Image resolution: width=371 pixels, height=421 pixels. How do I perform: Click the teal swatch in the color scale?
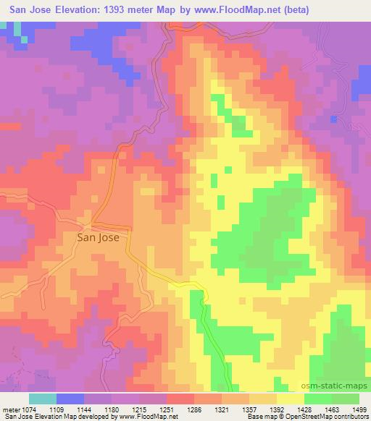point(43,399)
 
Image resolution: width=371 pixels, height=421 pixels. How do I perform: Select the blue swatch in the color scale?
point(70,399)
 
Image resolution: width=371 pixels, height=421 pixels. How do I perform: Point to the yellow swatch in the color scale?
point(291,399)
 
